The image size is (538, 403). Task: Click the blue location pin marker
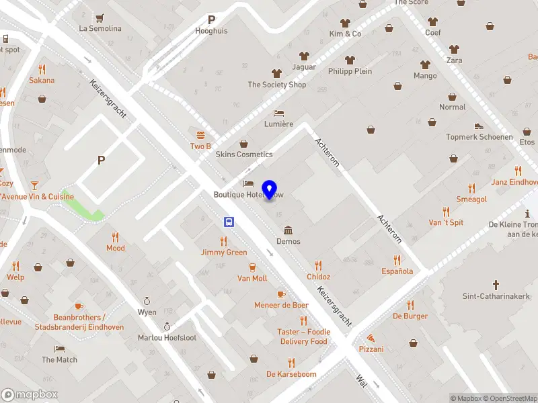click(x=270, y=190)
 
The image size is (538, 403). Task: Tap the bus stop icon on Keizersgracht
click(x=229, y=222)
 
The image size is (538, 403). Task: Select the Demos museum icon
click(x=289, y=230)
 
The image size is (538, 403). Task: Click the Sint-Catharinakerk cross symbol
click(x=496, y=285)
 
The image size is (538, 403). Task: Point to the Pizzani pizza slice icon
click(x=371, y=338)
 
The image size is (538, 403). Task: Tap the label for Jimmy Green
click(x=224, y=253)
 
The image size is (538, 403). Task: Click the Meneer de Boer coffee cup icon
click(x=281, y=294)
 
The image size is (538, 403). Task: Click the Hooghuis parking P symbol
click(x=212, y=20)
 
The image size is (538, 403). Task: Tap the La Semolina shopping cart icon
click(x=100, y=17)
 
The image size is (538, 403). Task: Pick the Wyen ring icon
click(x=147, y=301)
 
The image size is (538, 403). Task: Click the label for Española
click(x=397, y=271)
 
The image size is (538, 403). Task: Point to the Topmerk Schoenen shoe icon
click(x=479, y=126)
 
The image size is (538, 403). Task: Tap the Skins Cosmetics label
click(x=243, y=154)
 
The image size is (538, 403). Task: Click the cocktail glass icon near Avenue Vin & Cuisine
click(x=34, y=185)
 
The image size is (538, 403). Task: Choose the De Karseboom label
click(x=291, y=374)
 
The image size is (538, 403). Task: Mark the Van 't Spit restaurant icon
click(x=446, y=212)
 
